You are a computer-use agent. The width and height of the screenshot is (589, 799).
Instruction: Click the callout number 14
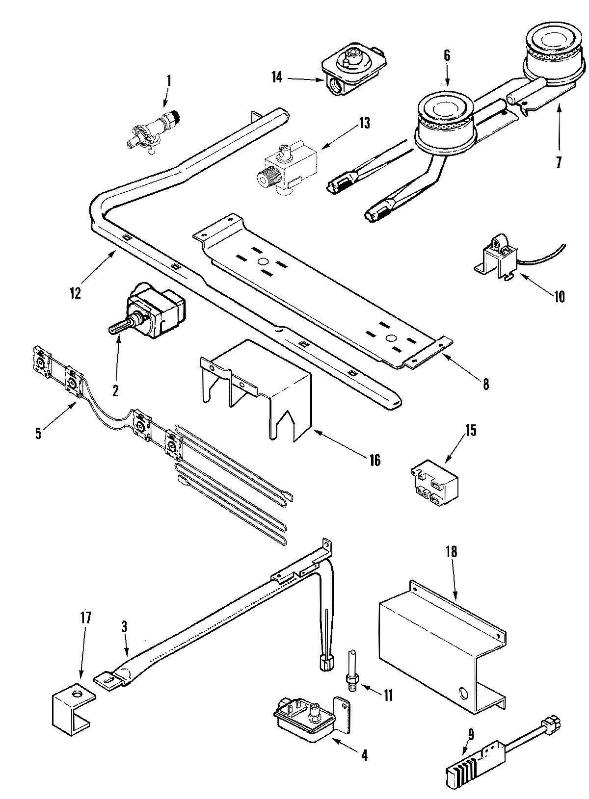pos(277,77)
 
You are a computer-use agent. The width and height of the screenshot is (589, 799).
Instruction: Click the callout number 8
pos(485,384)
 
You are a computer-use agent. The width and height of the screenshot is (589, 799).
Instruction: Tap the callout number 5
pos(38,433)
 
